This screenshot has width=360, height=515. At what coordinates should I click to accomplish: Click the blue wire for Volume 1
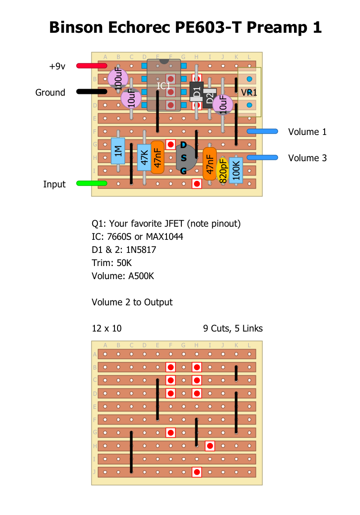point(262,131)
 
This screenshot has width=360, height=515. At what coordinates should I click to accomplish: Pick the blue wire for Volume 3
point(262,157)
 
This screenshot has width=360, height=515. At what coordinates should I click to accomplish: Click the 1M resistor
point(118,151)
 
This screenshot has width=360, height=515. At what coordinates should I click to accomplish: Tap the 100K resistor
point(236,169)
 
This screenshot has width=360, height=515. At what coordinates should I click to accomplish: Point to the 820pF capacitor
point(223,170)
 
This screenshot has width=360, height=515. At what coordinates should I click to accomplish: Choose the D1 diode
point(197,92)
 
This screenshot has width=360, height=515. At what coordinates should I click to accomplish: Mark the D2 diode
point(210,98)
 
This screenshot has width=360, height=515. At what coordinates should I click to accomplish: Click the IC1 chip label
point(164,86)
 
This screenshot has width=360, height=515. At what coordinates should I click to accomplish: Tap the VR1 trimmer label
point(249,93)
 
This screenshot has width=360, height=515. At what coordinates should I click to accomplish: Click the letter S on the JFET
point(183,158)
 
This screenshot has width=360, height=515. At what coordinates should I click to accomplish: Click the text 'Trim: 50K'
point(112,263)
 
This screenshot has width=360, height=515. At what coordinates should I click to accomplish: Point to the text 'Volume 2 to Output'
point(132,302)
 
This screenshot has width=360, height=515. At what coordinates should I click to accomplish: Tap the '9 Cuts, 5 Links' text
point(233,328)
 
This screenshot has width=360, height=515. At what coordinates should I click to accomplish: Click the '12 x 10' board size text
point(107,328)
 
